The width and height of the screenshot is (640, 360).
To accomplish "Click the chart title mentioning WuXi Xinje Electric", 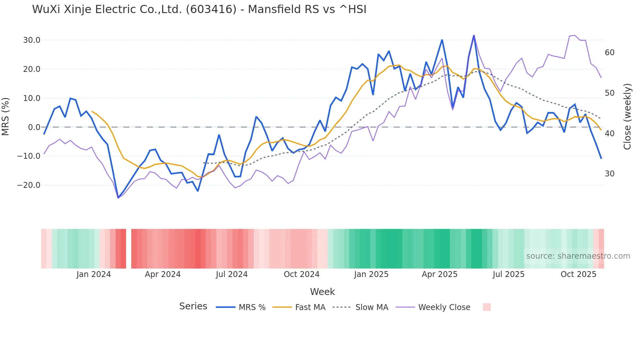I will [199, 9].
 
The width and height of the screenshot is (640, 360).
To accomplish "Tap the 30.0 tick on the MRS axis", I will [32, 40].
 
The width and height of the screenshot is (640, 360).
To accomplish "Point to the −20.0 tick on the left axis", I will [29, 185].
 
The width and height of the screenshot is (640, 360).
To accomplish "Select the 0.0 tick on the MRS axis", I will [34, 127].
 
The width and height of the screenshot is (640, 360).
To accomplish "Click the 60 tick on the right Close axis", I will [610, 53].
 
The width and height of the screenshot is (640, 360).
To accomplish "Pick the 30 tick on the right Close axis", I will [610, 174].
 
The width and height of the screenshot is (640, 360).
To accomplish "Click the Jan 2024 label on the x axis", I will [94, 274].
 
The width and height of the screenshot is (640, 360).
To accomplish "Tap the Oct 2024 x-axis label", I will [301, 274].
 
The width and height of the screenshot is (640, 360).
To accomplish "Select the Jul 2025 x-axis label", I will [508, 274].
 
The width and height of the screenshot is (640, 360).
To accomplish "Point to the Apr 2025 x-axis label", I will [440, 274].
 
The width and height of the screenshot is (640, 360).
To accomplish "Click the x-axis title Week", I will [322, 292].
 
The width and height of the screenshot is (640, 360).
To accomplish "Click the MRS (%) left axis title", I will [6, 116].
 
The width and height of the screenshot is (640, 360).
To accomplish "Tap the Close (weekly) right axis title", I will [627, 117].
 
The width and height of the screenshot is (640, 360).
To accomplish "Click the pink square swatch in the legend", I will [487, 307].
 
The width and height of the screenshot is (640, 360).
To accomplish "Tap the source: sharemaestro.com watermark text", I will [578, 256].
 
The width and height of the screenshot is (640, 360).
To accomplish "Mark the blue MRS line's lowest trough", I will [118, 198].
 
